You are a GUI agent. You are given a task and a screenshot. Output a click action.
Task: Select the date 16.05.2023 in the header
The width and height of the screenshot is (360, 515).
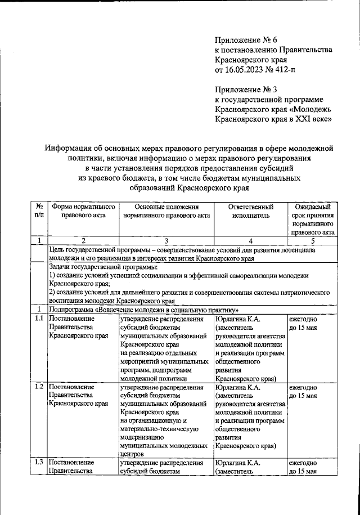point(246,70)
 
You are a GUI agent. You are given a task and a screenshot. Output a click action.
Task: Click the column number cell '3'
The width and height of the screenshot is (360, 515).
point(166,240)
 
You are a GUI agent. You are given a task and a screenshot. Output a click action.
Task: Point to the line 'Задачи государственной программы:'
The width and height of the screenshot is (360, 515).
point(103,267)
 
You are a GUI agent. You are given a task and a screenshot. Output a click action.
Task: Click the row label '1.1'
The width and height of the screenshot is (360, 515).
point(39,319)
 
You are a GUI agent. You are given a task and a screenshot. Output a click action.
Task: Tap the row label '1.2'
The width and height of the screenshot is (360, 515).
point(39,387)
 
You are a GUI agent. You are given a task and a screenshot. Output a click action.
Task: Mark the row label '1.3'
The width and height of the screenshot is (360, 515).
point(39,463)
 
